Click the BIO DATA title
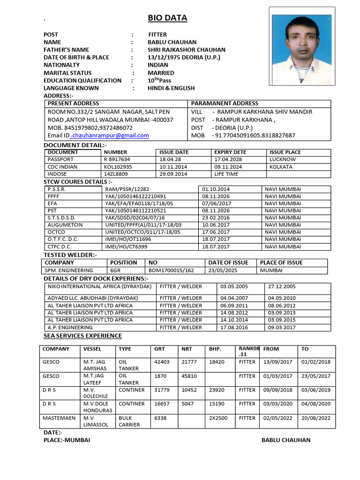[167, 18]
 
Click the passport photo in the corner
[303, 46]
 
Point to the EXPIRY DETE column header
[230, 152]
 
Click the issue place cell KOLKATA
[281, 167]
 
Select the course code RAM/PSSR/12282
[127, 189]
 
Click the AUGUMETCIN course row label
[65, 225]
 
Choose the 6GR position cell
[115, 270]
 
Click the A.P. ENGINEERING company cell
[70, 328]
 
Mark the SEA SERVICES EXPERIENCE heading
[82, 336]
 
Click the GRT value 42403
[162, 362]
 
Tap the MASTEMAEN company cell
[59, 418]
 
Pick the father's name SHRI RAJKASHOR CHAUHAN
[186, 50]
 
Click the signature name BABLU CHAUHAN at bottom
[285, 440]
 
